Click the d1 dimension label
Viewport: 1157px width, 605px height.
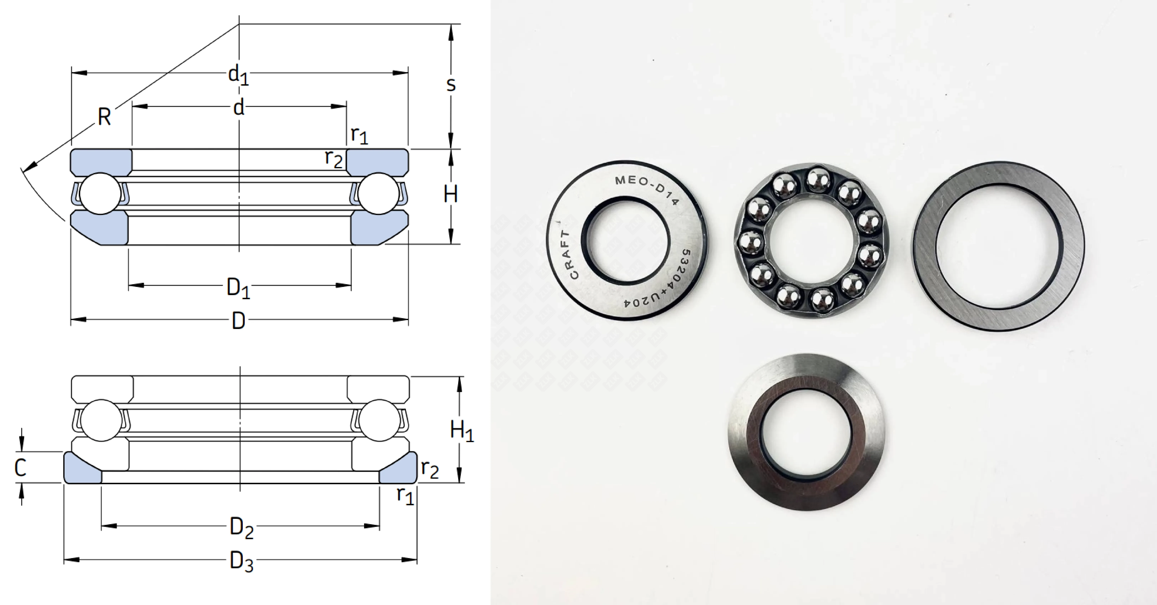click(238, 75)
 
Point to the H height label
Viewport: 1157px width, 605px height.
click(450, 195)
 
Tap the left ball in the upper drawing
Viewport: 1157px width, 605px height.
click(101, 194)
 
